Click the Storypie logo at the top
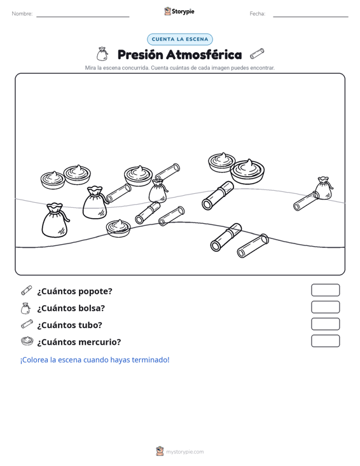(179, 11)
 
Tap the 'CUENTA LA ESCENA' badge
(180, 39)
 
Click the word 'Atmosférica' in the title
(204, 55)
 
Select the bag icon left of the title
(102, 54)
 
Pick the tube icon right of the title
(257, 53)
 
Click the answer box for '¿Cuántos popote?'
(325, 290)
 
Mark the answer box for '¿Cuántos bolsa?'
(325, 307)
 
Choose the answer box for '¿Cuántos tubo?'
(325, 324)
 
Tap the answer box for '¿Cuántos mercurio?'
(325, 341)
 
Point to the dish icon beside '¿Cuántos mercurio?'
(27, 341)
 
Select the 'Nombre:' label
(22, 14)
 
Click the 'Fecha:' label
(258, 14)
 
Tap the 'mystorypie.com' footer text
(185, 452)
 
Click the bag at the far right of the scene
(324, 188)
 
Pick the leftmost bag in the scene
(55, 220)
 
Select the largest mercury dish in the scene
(247, 172)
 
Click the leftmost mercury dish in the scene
(53, 180)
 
